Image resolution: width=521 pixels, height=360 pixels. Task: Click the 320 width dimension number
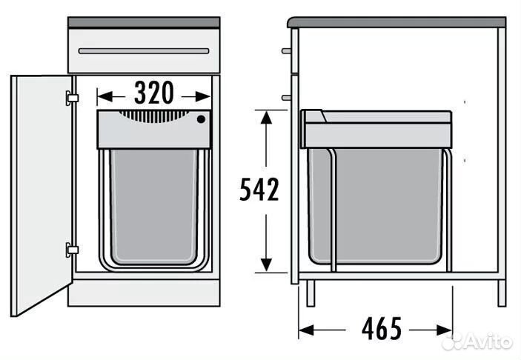[154, 93]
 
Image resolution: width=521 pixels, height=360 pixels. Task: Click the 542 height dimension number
[259, 190]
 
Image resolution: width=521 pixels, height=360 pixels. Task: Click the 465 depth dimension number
[382, 328]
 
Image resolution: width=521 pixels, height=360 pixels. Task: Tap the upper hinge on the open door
[71, 98]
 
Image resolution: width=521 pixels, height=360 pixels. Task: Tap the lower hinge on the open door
[72, 250]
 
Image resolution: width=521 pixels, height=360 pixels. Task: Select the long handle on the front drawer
[144, 51]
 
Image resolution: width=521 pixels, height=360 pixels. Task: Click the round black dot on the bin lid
[201, 119]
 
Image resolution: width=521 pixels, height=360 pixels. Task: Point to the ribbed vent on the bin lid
[154, 116]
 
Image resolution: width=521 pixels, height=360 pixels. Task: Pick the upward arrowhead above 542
[266, 118]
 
